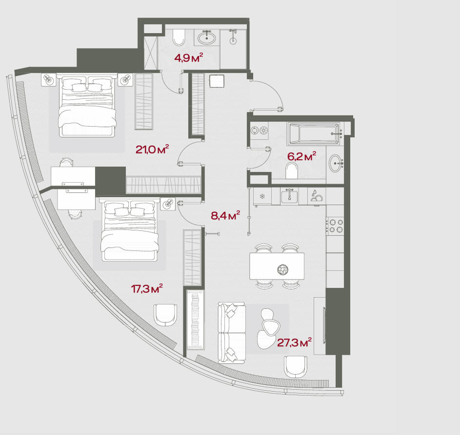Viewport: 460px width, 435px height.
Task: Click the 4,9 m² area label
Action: (189, 58)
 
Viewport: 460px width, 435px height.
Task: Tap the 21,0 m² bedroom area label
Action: (152, 150)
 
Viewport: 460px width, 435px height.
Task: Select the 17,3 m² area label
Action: (147, 289)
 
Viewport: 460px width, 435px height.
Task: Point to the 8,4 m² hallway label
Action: (225, 216)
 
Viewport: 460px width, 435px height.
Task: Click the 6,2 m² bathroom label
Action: (301, 156)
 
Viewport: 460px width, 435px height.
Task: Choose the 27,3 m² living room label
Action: (294, 342)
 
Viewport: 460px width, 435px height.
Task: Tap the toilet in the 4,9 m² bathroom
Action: (179, 37)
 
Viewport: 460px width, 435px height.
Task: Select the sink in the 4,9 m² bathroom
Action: (207, 38)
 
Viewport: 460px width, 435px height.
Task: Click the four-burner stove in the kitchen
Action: (336, 226)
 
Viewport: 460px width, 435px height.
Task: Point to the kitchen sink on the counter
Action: (289, 196)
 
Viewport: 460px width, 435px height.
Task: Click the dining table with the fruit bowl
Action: (277, 266)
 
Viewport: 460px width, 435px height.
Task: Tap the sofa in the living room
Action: (232, 333)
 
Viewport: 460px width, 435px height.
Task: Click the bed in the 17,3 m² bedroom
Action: (129, 229)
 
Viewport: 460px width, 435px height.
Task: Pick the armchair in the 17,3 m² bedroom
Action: (165, 315)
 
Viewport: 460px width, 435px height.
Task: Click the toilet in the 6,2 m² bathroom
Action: (292, 170)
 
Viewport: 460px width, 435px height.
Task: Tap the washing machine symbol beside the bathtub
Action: (259, 131)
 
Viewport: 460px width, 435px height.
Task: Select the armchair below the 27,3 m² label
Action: (296, 367)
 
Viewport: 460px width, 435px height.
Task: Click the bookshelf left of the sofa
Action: (196, 320)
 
